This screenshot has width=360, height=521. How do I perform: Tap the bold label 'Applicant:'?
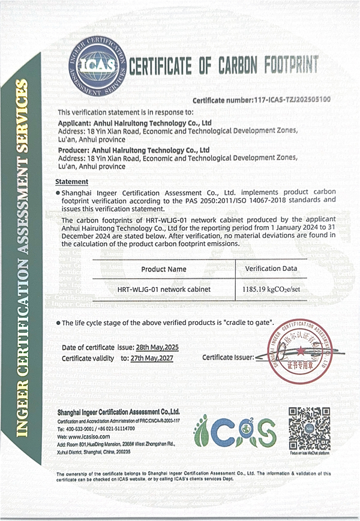[74, 122]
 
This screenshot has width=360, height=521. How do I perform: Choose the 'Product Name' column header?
[163, 269]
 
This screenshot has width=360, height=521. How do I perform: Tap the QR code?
[309, 428]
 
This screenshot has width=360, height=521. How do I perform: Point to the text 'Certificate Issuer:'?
[228, 357]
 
